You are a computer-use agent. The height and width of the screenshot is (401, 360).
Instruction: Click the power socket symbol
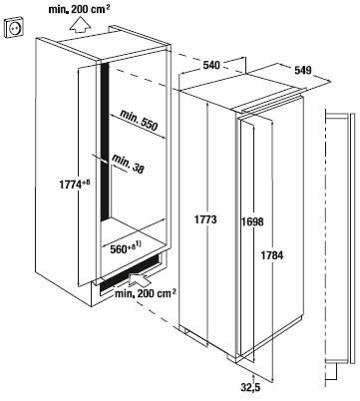pyautogui.click(x=14, y=28)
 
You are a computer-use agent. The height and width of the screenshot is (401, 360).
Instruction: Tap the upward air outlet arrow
pyautogui.click(x=80, y=25)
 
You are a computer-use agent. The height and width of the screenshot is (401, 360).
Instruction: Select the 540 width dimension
pyautogui.click(x=211, y=65)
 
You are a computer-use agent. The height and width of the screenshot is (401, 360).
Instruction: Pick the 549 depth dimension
pyautogui.click(x=303, y=70)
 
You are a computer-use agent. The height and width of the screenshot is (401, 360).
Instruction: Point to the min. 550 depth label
pyautogui.click(x=139, y=121)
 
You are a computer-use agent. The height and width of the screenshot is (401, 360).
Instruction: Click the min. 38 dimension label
pyautogui.click(x=128, y=164)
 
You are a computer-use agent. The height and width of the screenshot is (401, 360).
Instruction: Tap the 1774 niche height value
pyautogui.click(x=70, y=185)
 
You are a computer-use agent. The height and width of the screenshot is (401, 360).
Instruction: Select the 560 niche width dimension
pyautogui.click(x=118, y=249)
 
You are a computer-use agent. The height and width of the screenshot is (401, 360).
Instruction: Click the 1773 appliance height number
pyautogui.click(x=205, y=219)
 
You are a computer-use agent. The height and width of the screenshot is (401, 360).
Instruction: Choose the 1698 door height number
pyautogui.click(x=252, y=221)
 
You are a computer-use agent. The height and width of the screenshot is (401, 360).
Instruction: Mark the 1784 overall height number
pyautogui.click(x=272, y=255)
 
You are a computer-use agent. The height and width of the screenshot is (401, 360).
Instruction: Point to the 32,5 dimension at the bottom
pyautogui.click(x=250, y=387)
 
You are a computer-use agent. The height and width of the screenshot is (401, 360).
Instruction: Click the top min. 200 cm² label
pyautogui.click(x=79, y=9)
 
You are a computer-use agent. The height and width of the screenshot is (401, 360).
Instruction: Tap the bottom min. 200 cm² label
pyautogui.click(x=146, y=293)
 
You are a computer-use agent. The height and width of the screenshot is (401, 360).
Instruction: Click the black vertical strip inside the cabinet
pyautogui.click(x=105, y=142)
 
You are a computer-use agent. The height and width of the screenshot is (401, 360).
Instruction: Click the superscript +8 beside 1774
pyautogui.click(x=86, y=183)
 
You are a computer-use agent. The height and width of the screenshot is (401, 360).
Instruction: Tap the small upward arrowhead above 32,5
pyautogui.click(x=253, y=376)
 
